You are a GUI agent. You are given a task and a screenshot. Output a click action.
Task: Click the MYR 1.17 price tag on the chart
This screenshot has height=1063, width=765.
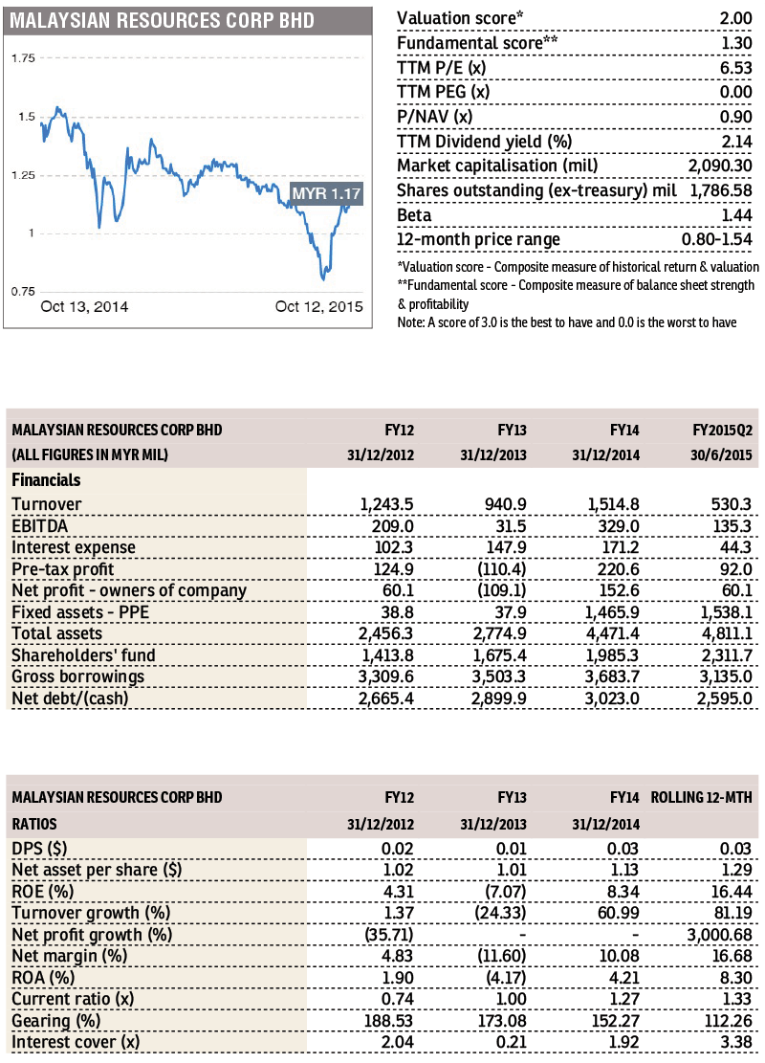[x=327, y=194]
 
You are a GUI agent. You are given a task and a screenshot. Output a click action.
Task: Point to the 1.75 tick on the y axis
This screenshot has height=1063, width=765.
[x=23, y=58]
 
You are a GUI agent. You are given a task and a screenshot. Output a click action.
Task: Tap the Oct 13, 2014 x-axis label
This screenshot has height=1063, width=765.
[x=84, y=306]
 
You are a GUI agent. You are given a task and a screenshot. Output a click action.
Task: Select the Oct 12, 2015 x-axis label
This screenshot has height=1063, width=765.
[x=319, y=306]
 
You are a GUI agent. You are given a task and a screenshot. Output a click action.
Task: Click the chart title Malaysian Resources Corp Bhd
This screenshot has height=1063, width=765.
[x=162, y=20]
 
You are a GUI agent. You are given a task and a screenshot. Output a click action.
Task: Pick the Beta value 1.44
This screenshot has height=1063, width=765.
[x=736, y=215]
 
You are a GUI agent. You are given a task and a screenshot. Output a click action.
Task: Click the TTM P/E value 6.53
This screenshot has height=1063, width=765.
[x=736, y=68]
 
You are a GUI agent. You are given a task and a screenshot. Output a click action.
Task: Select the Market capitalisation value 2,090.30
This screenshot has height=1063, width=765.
[x=720, y=166]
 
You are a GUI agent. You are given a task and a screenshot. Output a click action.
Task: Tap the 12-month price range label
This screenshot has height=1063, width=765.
[x=478, y=240]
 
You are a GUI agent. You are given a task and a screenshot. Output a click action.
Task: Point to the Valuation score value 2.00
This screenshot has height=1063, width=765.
[x=736, y=18]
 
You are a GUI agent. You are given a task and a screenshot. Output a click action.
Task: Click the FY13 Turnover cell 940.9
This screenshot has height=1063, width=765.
[x=506, y=504]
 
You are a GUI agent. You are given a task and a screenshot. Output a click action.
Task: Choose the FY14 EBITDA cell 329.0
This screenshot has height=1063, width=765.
[x=618, y=526]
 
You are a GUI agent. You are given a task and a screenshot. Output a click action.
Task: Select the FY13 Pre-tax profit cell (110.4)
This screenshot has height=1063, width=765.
[x=502, y=569]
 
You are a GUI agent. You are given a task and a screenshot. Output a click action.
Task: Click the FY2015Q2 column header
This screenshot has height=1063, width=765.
[x=722, y=431]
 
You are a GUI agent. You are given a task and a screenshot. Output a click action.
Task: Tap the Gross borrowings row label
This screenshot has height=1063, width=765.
[x=77, y=676]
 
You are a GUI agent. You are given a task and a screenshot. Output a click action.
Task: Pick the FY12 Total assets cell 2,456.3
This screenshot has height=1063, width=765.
[x=386, y=633]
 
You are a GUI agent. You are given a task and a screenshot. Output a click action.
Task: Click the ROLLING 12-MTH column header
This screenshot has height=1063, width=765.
[x=701, y=797]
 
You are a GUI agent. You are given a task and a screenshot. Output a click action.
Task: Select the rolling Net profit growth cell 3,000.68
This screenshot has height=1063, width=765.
[x=720, y=935]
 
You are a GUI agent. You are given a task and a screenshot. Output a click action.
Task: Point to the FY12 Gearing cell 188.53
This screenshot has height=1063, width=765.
[x=389, y=1021]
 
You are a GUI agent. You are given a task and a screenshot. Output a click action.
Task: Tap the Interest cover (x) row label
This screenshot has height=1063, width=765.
[x=76, y=1043]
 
